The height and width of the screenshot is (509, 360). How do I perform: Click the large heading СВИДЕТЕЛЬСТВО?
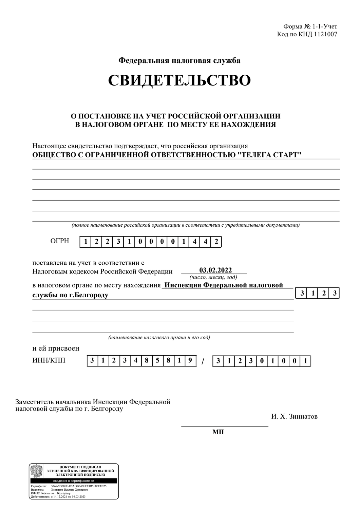179,80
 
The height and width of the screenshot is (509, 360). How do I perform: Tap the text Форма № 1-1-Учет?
310,26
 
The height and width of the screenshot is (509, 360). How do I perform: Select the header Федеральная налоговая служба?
179,61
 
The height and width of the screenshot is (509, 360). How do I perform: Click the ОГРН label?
59,241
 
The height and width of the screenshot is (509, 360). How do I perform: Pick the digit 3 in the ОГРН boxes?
118,242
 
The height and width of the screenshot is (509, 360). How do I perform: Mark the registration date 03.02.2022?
215,270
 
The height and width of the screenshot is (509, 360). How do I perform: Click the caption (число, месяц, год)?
213,277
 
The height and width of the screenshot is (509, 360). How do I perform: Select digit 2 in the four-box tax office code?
324,293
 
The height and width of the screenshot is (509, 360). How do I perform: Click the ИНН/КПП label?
49,360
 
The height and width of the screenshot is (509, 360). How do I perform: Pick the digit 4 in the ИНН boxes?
136,361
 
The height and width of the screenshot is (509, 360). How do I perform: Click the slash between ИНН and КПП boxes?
203,361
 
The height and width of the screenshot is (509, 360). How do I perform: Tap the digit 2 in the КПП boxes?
240,361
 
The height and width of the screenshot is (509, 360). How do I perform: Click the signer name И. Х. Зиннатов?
294,416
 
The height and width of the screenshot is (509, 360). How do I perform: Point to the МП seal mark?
218,432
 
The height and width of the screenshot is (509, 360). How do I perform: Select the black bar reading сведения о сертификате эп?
74,481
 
